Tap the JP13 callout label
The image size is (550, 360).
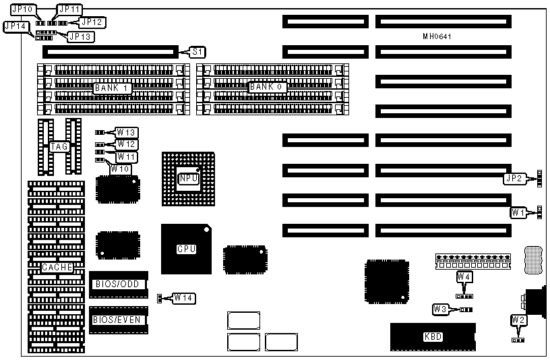[x=80, y=36]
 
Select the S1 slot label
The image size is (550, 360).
[x=197, y=51]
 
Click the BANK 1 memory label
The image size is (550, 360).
[x=112, y=88]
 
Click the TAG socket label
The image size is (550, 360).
[x=59, y=146]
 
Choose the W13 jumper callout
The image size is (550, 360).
[x=127, y=132]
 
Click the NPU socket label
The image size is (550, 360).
[x=187, y=179]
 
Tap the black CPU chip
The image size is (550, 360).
[x=187, y=249]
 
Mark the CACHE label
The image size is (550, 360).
[x=57, y=268]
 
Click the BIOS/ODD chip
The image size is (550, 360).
[x=118, y=284]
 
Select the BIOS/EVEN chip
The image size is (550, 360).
[x=118, y=320]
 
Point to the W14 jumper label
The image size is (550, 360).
[x=183, y=297]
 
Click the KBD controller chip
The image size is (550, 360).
[x=433, y=336]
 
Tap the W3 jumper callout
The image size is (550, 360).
[x=441, y=309]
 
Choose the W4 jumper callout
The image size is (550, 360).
[x=464, y=277]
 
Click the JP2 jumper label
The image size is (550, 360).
[x=514, y=179]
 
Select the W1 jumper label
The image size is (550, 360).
[x=518, y=213]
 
